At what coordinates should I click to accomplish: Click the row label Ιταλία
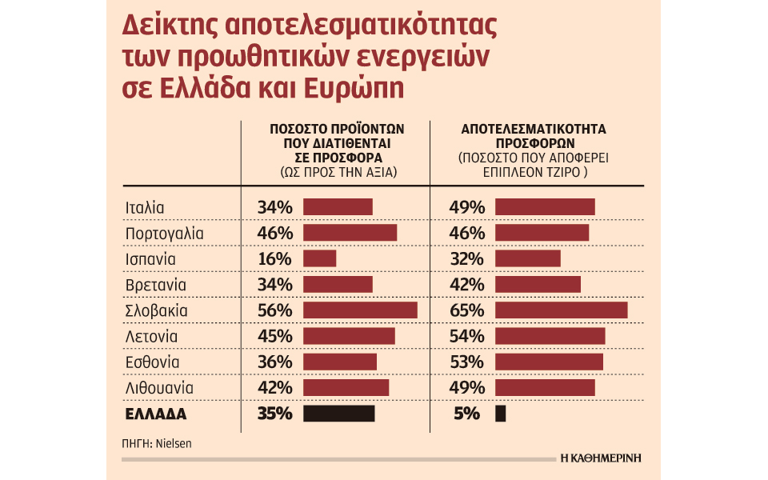click(x=145, y=207)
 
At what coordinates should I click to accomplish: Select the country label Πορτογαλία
click(x=165, y=234)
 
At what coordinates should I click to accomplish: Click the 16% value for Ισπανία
click(x=274, y=259)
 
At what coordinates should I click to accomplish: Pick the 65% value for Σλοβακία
click(x=467, y=310)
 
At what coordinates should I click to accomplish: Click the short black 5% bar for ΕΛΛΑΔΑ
click(x=501, y=414)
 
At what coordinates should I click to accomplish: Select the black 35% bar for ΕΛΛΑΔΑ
click(x=338, y=414)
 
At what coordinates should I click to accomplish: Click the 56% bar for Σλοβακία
click(x=360, y=310)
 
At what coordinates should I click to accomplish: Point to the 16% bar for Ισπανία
click(x=319, y=259)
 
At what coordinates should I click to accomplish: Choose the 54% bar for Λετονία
click(x=550, y=336)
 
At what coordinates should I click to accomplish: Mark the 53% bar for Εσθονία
click(x=549, y=362)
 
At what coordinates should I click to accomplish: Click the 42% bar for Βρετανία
click(x=538, y=285)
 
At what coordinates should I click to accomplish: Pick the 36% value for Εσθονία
click(x=274, y=362)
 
